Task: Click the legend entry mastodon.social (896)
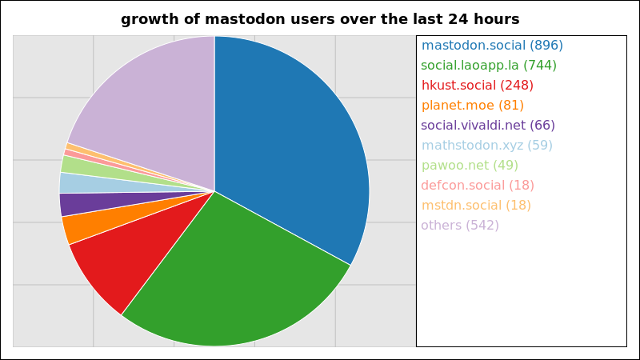coord(492,46)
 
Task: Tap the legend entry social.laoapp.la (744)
coord(489,66)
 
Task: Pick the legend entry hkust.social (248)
coord(477,86)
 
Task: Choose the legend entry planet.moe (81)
coord(472,106)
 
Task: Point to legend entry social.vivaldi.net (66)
coord(488,126)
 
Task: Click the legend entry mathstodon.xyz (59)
coord(486,146)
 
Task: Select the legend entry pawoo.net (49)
coord(470,166)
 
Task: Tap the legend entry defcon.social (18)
coord(478,186)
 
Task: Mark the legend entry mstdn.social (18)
coord(476,206)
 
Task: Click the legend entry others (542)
coord(459,226)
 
